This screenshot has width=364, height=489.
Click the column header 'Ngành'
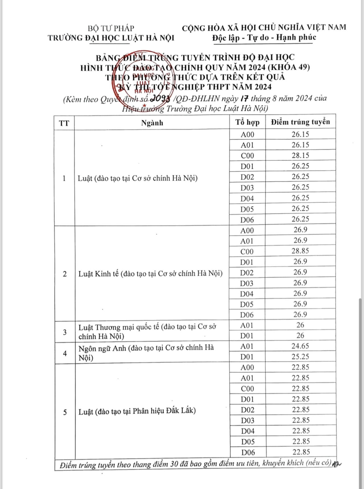tap(152, 123)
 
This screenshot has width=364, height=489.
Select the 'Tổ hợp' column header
tap(247, 122)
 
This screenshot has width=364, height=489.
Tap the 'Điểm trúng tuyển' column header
tap(301, 122)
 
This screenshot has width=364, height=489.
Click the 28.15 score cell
tap(300, 156)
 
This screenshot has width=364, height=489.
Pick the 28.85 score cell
tap(300, 251)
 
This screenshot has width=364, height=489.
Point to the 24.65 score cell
tap(300, 346)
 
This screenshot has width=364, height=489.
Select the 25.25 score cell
tap(300, 357)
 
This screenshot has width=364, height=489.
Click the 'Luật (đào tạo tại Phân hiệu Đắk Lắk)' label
tap(137, 411)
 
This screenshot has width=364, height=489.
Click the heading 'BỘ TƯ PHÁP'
tap(111, 28)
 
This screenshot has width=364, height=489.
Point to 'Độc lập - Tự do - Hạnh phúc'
tap(264, 38)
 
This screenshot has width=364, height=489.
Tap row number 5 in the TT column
tap(65, 412)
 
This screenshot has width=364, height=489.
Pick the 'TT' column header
tap(64, 123)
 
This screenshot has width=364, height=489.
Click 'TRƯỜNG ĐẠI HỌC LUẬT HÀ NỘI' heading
tap(111, 38)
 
